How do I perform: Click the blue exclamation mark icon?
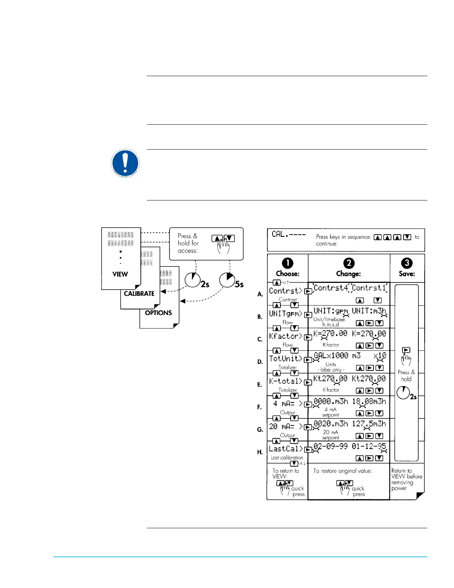[125, 163]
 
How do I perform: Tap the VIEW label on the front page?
[120, 274]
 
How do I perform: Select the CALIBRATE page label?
[139, 294]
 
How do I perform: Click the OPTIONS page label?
[158, 313]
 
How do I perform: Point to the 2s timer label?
[205, 284]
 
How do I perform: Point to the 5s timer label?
[239, 284]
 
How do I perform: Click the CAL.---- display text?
[289, 234]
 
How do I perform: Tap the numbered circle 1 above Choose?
[287, 263]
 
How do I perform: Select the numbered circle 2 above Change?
[349, 263]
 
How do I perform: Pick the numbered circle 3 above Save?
[407, 263]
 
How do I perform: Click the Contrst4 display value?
[331, 288]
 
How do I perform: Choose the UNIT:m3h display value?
[369, 311]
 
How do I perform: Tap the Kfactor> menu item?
[286, 336]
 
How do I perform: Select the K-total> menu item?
[286, 381]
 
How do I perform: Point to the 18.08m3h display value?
[369, 401]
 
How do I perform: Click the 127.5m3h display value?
[369, 424]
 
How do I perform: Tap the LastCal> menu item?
[286, 449]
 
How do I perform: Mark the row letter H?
[260, 452]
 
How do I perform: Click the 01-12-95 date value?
[369, 446]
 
